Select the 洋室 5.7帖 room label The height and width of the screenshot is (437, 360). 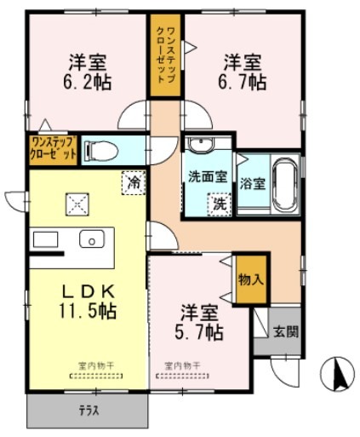tap(200, 322)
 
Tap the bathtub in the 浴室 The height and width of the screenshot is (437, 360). tap(283, 184)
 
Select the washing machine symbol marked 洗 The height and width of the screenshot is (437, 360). tap(219, 204)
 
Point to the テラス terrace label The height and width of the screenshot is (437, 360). tap(89, 411)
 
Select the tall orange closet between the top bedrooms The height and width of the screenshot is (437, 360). tap(164, 55)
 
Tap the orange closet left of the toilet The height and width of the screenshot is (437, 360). tap(53, 148)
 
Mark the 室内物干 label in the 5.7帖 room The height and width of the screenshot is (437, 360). tap(182, 368)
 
